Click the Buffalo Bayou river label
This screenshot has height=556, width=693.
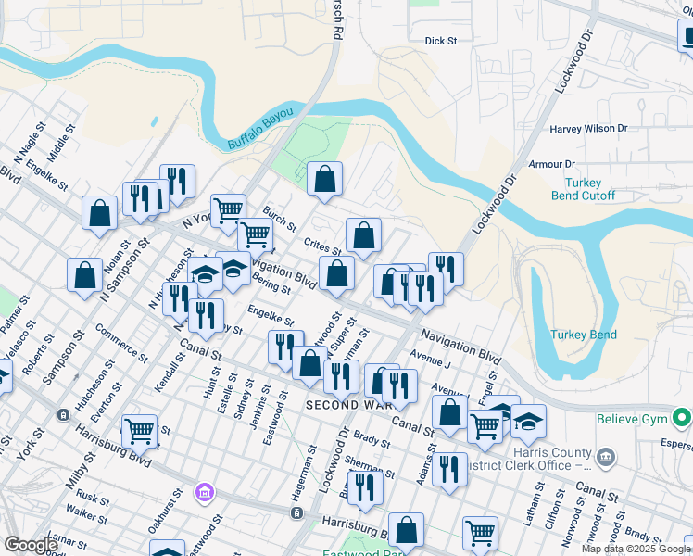[260, 128]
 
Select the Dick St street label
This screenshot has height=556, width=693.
[441, 41]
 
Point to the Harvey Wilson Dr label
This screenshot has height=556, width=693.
[588, 129]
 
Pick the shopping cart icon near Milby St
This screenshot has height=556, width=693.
[139, 430]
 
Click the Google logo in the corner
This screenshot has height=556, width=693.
[30, 545]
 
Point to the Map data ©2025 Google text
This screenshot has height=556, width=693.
[636, 549]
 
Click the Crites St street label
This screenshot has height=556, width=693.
[323, 246]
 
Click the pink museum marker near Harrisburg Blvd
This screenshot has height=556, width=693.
[203, 492]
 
